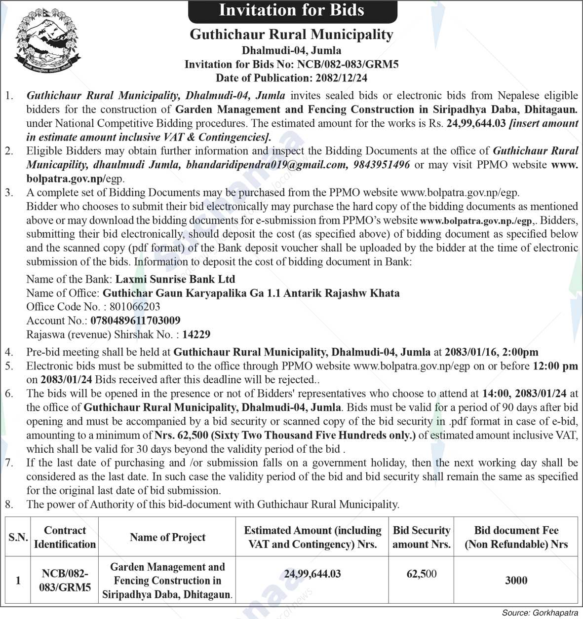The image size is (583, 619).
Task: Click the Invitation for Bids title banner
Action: pyautogui.click(x=292, y=11)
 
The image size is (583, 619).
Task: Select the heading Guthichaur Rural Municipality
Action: pyautogui.click(x=292, y=35)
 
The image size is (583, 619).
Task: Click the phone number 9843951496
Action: pyautogui.click(x=382, y=165)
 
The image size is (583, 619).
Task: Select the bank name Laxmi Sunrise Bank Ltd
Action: pyautogui.click(x=175, y=279)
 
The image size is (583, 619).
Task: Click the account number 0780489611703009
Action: pyautogui.click(x=135, y=321)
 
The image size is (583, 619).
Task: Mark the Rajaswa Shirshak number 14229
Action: pyautogui.click(x=196, y=334)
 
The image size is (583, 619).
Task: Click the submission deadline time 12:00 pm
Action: pyautogui.click(x=555, y=366)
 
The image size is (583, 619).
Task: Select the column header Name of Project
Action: pyautogui.click(x=167, y=537)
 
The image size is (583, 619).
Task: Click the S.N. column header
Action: pyautogui.click(x=18, y=537)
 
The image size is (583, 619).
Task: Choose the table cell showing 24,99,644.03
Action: pyautogui.click(x=312, y=574)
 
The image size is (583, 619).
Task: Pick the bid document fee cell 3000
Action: pyautogui.click(x=516, y=581)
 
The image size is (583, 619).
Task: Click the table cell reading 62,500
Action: pyautogui.click(x=421, y=574)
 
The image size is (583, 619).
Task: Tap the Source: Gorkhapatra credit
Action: pyautogui.click(x=540, y=613)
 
